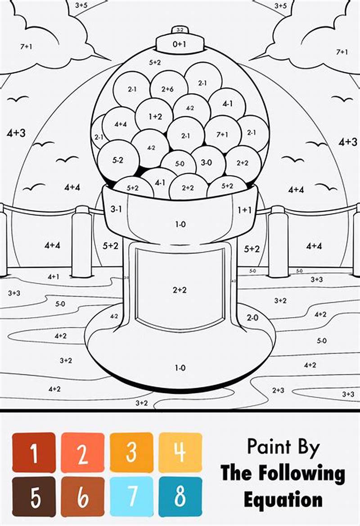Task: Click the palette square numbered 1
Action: pos(34,452)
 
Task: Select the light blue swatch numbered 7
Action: pos(131,497)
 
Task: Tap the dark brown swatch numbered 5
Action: pos(34,497)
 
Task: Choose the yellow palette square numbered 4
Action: pos(180,452)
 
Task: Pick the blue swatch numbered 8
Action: pos(180,497)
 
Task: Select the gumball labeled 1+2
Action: pos(154,116)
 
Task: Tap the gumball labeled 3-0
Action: pos(207,162)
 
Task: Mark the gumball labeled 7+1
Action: pos(222,134)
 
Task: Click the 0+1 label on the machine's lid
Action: pos(179,44)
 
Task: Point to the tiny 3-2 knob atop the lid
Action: pos(179,30)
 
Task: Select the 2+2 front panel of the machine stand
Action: pos(179,290)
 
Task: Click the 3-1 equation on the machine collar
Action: pos(116,209)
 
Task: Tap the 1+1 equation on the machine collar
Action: pos(244,209)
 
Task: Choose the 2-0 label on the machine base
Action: pos(252,318)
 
